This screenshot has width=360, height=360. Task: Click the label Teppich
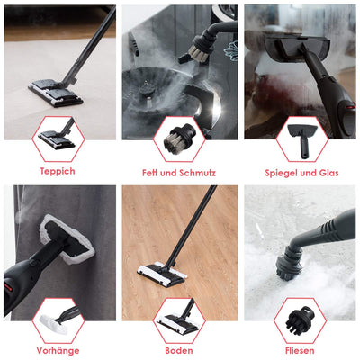[x=58, y=172]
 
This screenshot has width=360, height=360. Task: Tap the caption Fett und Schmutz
[x=179, y=173]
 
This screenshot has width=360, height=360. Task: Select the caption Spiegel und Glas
[x=301, y=173]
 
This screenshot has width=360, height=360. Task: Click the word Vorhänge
[x=58, y=350]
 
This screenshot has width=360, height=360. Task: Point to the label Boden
[x=179, y=350]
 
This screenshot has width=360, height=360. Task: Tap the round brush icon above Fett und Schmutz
[x=179, y=139]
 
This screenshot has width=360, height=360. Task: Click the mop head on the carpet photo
[x=56, y=93]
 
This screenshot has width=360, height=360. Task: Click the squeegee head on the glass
[x=297, y=47]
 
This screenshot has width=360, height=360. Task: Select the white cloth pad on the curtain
[x=67, y=239]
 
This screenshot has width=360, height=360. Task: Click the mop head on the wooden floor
[x=162, y=274]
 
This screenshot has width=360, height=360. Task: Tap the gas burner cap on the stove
[x=148, y=88]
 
